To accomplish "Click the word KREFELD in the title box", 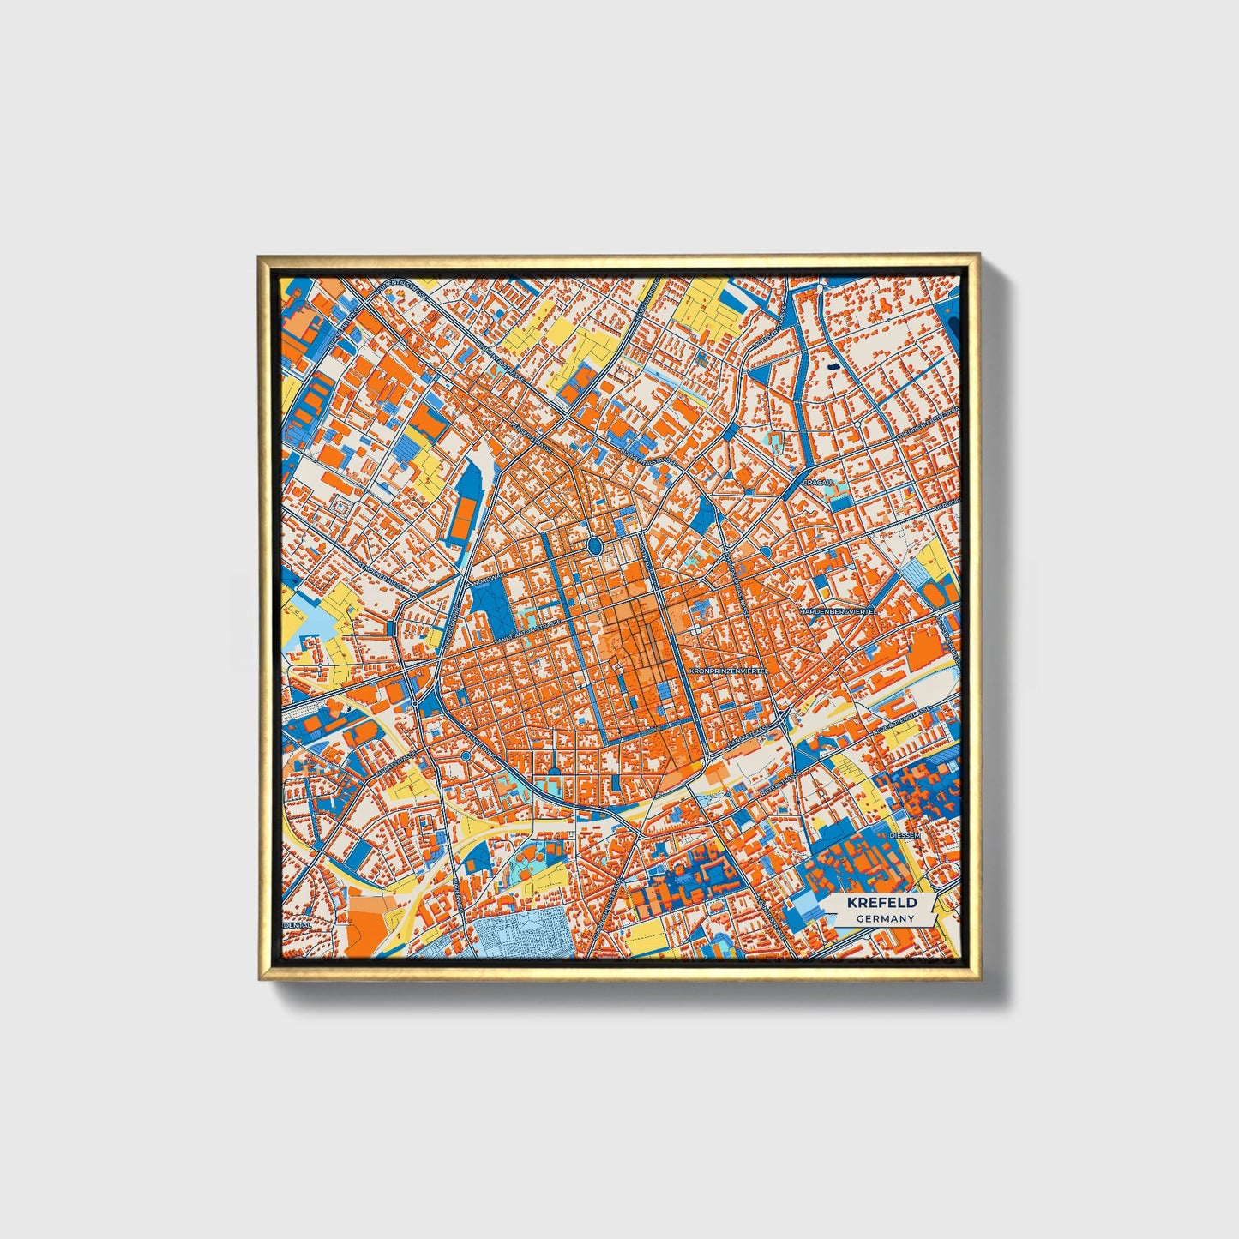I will pos(881,902).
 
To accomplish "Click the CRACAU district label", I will pos(814,483).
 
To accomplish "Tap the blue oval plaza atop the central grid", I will pos(594,545).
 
